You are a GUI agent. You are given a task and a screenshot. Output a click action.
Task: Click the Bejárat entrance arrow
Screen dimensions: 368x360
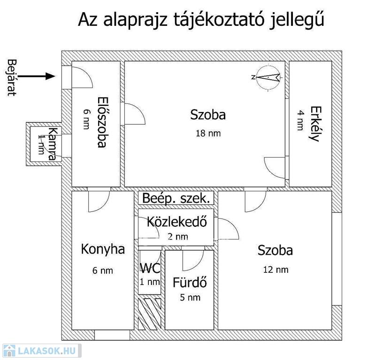37,76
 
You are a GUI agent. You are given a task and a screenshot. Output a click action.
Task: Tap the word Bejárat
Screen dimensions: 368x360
12,78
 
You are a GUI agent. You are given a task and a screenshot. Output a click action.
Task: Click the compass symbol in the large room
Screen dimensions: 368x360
268,78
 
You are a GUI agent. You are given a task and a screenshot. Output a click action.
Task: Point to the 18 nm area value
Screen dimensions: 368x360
208,134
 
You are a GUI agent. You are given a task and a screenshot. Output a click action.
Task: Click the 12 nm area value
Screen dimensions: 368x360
276,270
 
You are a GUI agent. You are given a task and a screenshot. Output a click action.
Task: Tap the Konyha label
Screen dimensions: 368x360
103,249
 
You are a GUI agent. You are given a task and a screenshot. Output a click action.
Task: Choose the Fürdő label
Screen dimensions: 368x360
190,282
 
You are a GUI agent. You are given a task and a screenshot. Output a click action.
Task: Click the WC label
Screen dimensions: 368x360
150,268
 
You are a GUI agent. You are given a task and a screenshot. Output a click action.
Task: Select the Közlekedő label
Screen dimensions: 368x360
177,222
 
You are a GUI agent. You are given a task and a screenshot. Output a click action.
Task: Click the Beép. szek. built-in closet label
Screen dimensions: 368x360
176,199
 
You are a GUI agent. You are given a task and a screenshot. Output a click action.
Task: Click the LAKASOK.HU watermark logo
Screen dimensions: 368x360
41,351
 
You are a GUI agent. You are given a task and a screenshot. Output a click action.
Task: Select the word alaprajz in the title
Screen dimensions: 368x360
135,21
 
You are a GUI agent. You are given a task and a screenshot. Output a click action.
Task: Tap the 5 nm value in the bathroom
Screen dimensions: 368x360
190,298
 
